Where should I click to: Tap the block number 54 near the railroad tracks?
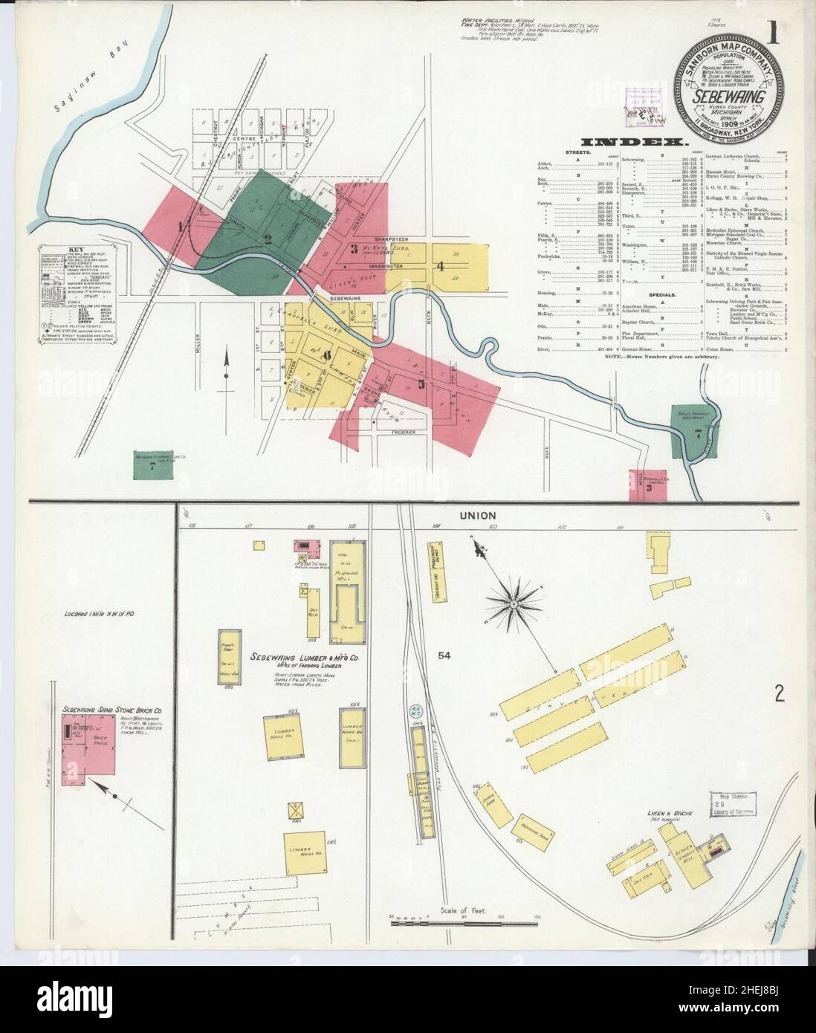445,655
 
